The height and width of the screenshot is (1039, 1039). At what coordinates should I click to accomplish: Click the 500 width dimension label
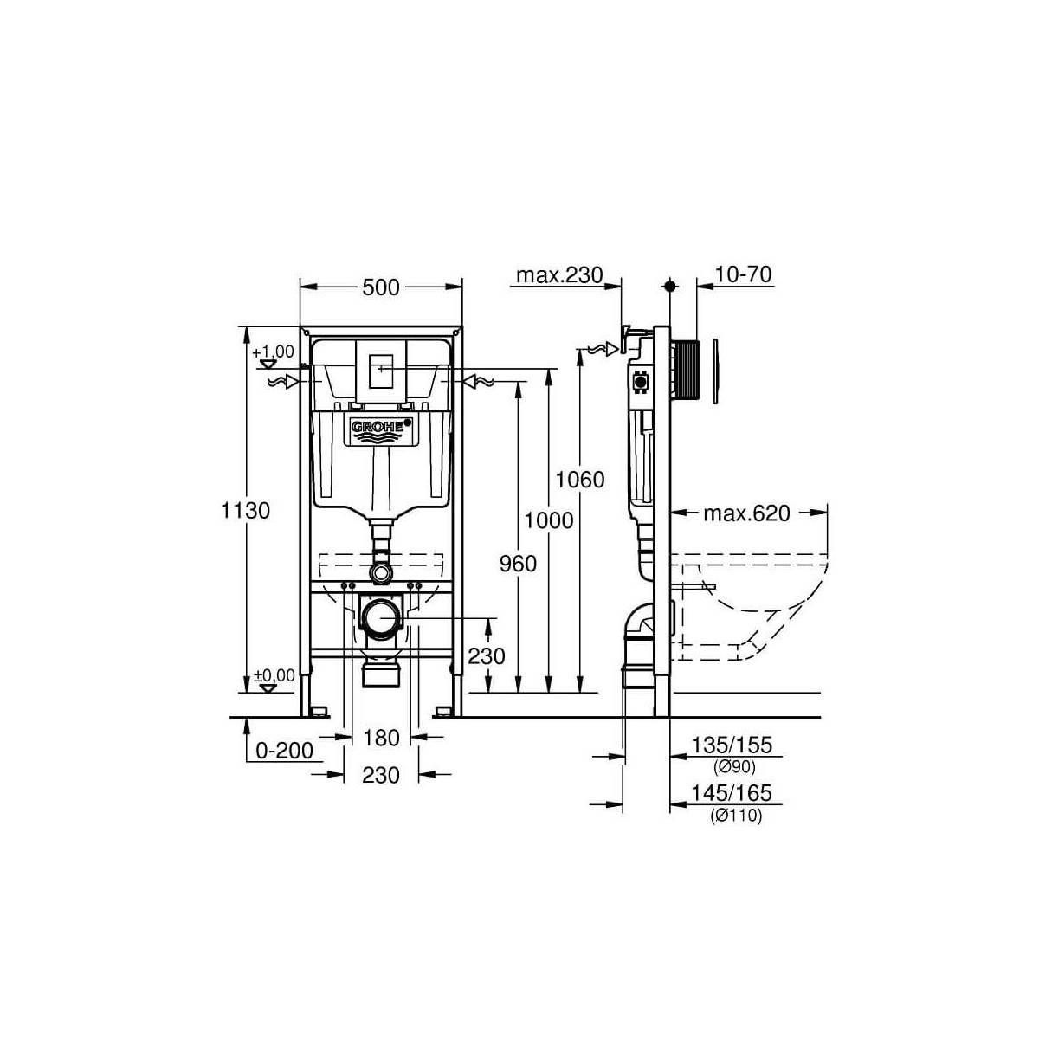381,287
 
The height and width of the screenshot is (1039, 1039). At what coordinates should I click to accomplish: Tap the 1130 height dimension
245,510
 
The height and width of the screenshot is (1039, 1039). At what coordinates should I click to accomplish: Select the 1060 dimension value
580,480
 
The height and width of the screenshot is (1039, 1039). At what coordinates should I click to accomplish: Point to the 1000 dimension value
549,521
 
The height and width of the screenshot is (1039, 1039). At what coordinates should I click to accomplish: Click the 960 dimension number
518,564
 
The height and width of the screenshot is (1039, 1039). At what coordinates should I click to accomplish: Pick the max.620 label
746,513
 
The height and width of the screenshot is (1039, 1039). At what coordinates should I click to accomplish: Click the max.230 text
559,275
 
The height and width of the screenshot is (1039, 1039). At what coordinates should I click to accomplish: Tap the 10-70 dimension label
743,274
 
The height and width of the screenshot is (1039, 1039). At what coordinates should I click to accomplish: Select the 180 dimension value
381,739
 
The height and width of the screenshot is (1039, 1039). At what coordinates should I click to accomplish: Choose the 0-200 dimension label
284,751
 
